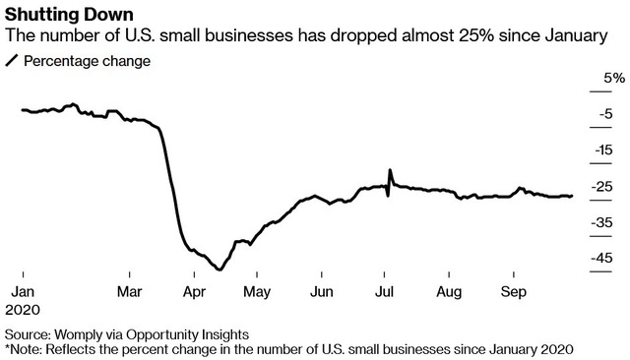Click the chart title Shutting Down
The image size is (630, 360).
(69, 15)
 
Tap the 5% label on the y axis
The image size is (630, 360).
(614, 78)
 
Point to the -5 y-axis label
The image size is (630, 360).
(606, 114)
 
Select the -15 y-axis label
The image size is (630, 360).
(603, 150)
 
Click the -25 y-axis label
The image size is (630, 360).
(602, 187)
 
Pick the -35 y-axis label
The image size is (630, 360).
(602, 222)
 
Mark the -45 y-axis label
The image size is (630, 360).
(602, 258)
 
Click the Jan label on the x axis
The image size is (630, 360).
(23, 292)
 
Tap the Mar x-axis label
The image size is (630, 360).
(129, 292)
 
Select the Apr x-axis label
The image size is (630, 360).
(194, 292)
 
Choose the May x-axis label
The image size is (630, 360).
(257, 292)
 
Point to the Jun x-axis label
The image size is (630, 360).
(322, 292)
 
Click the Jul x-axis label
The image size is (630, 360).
(384, 292)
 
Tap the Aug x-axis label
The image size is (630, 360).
(449, 292)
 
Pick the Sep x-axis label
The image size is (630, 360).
(514, 292)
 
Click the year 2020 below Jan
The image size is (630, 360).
(23, 310)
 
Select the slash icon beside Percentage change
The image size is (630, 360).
(12, 61)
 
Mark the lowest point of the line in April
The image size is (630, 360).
(220, 270)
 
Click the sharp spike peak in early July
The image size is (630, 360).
(390, 170)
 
